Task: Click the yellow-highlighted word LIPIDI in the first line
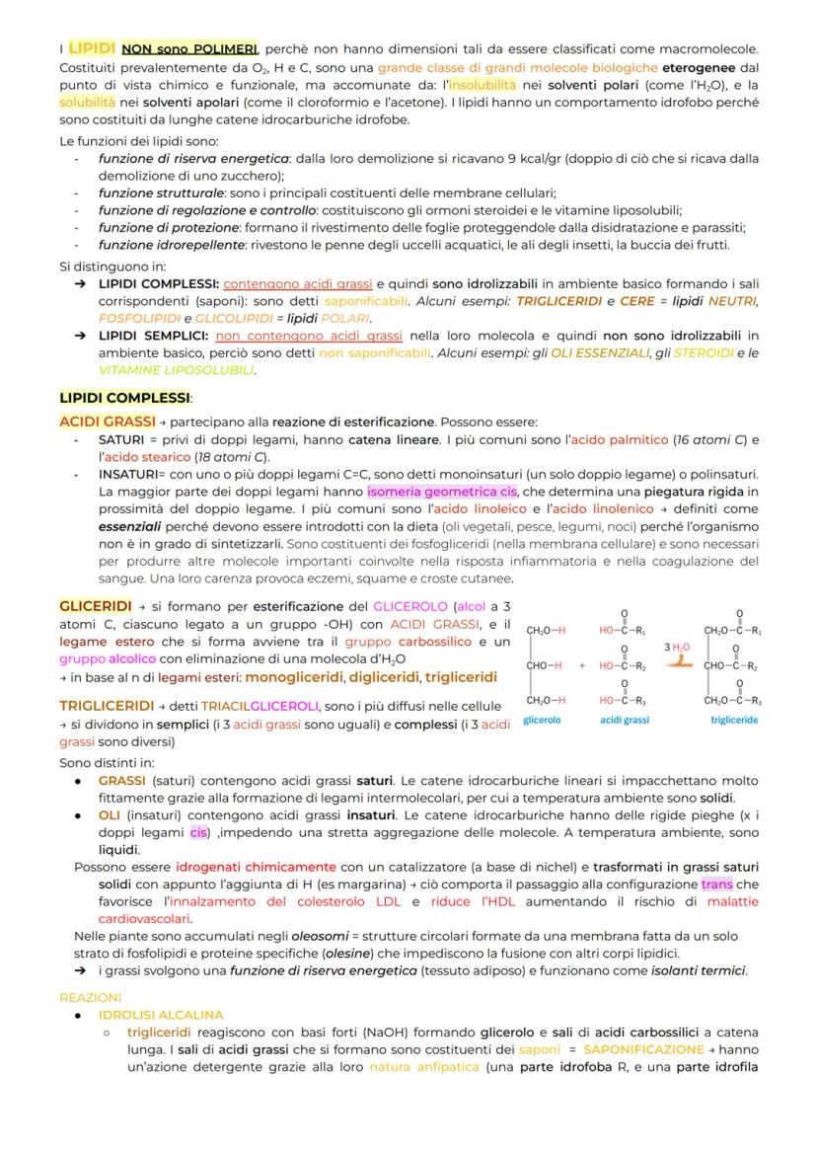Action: tap(93, 47)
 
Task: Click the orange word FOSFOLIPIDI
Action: tap(130, 319)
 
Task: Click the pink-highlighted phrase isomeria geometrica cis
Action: tap(443, 492)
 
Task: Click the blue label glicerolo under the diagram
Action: tap(542, 720)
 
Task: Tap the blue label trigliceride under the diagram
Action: tap(734, 720)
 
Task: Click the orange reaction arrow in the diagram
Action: tap(676, 662)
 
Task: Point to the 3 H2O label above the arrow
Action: tap(676, 647)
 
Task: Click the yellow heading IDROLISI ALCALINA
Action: tap(161, 1015)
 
